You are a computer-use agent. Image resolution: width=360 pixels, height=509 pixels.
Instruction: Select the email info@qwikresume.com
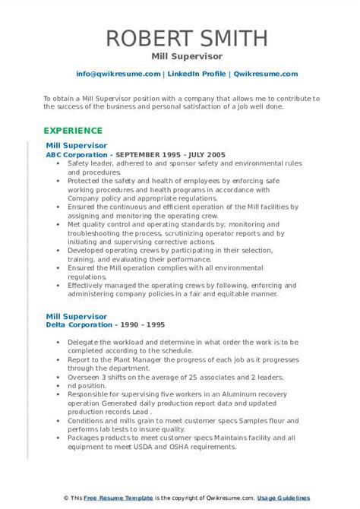[x=118, y=74]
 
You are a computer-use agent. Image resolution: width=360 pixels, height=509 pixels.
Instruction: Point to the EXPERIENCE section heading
[x=74, y=130]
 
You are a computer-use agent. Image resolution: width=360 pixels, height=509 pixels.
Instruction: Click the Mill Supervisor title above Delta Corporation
[x=76, y=315]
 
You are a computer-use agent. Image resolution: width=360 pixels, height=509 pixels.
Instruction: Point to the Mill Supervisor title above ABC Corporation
[x=76, y=144]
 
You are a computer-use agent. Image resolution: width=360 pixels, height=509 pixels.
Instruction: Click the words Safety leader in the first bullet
[x=90, y=163]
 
